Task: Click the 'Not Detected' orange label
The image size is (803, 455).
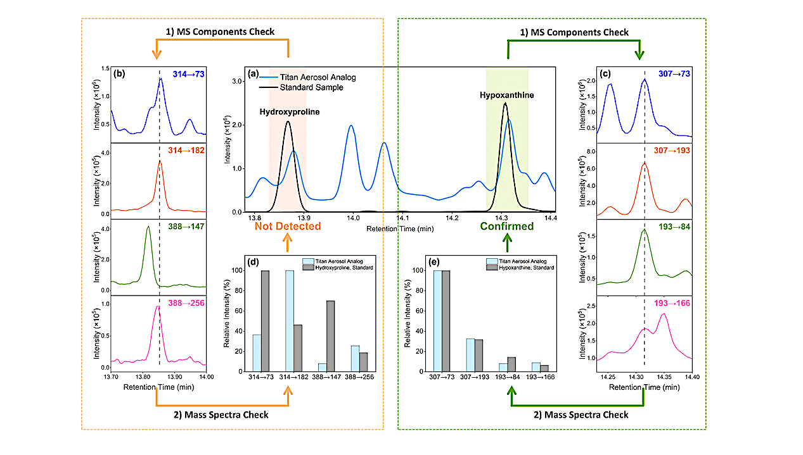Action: click(288, 226)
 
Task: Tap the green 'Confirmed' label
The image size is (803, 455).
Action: click(506, 226)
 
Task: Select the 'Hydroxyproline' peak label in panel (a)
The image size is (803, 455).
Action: click(289, 111)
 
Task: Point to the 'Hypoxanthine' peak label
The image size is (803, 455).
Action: click(506, 95)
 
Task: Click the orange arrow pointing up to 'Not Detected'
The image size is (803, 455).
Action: click(288, 243)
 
